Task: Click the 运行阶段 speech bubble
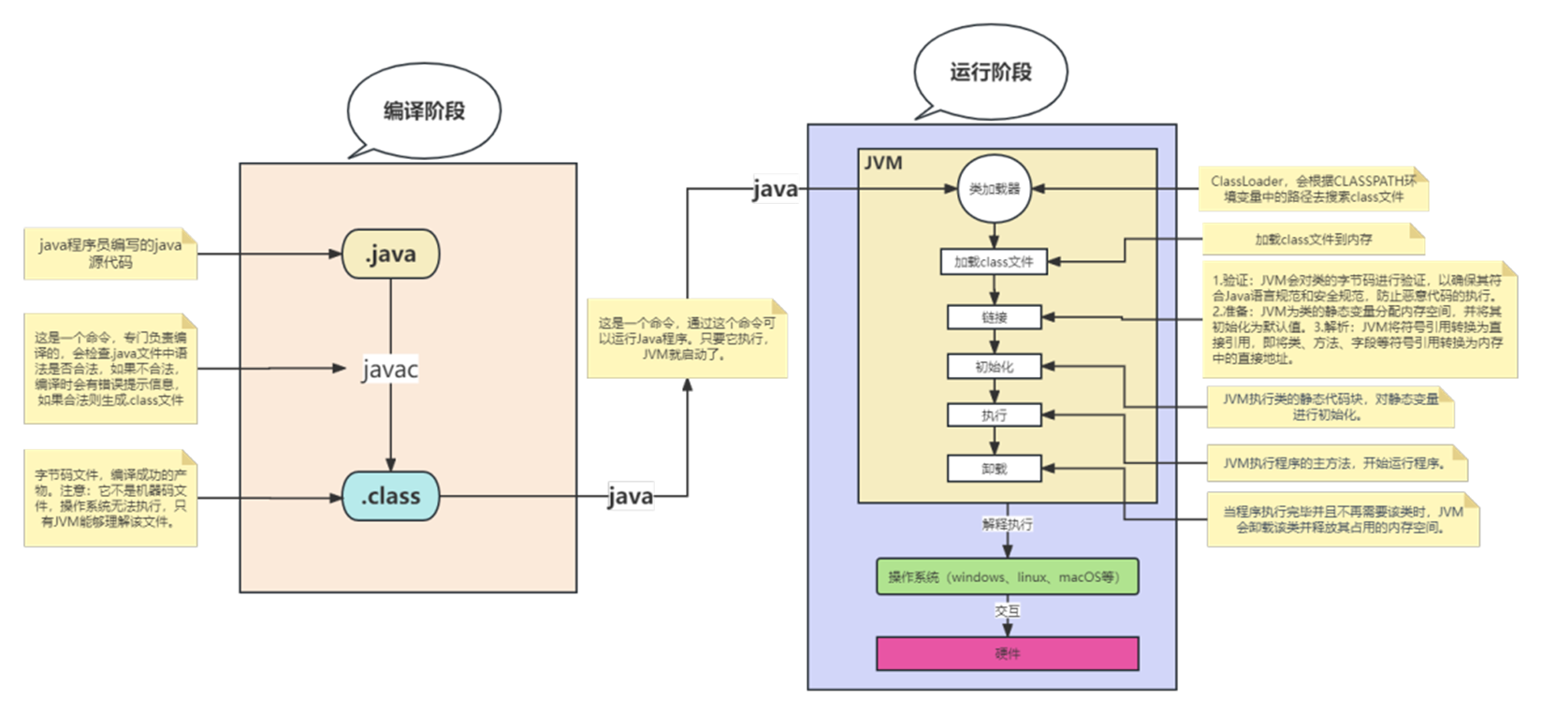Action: (990, 73)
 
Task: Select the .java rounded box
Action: (390, 254)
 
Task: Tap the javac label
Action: (390, 370)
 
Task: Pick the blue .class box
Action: (390, 496)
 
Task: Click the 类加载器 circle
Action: (994, 188)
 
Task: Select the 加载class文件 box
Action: (994, 262)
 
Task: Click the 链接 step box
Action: (994, 317)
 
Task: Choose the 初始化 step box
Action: (994, 367)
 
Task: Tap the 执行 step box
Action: (994, 415)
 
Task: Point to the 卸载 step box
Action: (994, 469)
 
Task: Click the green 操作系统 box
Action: (1007, 577)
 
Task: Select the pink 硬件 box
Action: (1007, 653)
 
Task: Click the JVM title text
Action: (882, 163)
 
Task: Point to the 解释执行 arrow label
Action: (1007, 524)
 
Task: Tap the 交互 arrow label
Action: (1007, 611)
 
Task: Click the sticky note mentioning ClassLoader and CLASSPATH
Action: (1314, 189)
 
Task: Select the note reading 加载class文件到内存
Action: (1313, 240)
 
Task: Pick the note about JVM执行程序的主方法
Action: (1333, 462)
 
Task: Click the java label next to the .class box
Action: (631, 496)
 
